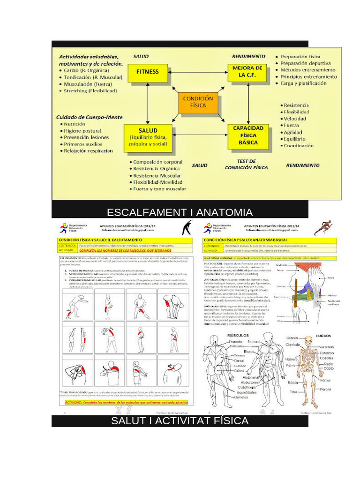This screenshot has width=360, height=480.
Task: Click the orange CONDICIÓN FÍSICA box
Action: [x=198, y=102]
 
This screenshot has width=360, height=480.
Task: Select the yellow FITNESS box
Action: [x=148, y=72]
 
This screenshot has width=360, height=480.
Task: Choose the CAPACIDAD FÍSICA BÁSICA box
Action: [x=248, y=135]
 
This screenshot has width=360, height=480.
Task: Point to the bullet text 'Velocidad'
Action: [x=295, y=119]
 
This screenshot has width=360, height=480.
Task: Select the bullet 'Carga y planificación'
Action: [x=303, y=83]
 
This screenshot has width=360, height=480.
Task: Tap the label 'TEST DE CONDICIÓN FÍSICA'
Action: [x=246, y=164]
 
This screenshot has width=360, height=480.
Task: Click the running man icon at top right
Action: [x=323, y=227]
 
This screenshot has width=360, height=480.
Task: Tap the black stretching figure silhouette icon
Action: [x=187, y=228]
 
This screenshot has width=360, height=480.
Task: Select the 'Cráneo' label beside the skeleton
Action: [x=292, y=338]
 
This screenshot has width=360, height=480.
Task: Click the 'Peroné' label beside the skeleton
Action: [x=325, y=389]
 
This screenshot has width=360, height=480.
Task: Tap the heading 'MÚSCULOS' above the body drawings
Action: [x=238, y=336]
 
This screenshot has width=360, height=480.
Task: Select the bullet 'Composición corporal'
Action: [x=157, y=162]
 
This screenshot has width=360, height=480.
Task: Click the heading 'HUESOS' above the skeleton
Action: [x=323, y=336]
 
